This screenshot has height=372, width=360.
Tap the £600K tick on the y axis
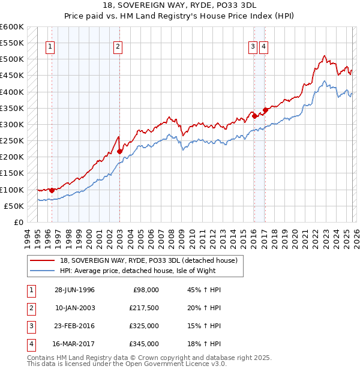[11, 27]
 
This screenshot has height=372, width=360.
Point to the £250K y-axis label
[11, 141]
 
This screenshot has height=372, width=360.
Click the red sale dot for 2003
[119, 151]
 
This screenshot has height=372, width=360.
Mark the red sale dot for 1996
[52, 190]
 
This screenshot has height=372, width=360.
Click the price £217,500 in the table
[144, 308]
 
